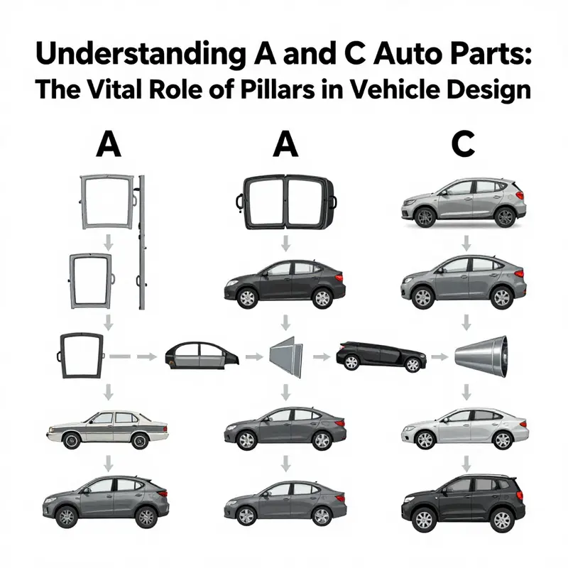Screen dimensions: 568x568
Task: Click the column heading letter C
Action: click(x=462, y=145)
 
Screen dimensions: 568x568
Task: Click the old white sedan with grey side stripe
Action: click(x=109, y=427)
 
